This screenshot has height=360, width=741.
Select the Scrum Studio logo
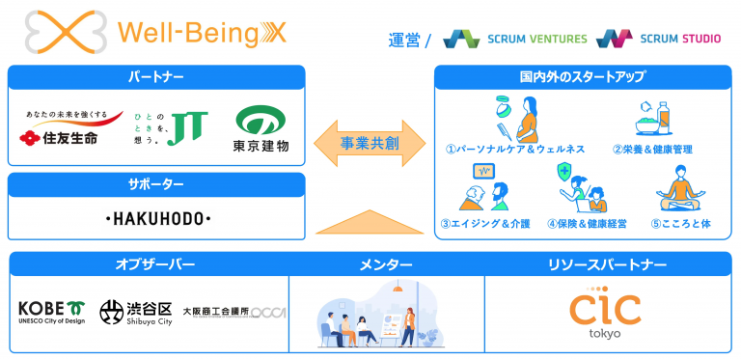tap(661, 39)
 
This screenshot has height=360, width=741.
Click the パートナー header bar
tap(155, 75)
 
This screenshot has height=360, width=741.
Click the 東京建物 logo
tap(261, 128)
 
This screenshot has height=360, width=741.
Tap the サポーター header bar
tap(155, 183)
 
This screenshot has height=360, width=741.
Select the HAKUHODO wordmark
tap(156, 220)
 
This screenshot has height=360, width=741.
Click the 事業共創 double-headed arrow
tap(370, 144)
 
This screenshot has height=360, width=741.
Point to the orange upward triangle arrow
tap(370, 221)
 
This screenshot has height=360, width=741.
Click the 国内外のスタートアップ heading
tap(583, 75)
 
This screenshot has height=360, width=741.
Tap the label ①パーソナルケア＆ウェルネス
tap(515, 150)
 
